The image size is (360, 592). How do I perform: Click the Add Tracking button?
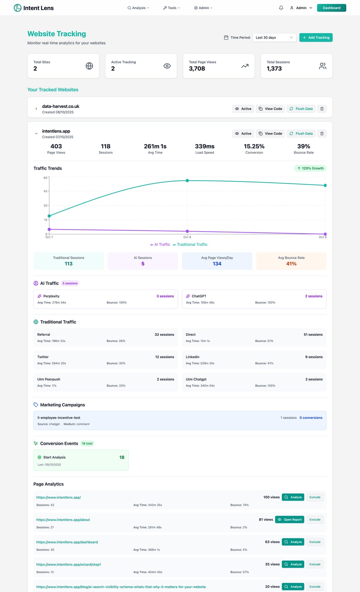tap(316, 37)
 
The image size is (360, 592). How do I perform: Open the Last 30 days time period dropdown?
tap(274, 37)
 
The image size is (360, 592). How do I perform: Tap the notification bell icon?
tap(281, 8)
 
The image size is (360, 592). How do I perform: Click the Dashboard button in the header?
tap(331, 8)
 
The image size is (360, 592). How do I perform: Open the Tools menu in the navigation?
tap(172, 8)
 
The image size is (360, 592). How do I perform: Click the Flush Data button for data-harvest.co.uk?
tap(301, 109)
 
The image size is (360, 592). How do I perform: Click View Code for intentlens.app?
tap(271, 133)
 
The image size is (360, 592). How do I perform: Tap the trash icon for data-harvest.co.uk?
tap(322, 109)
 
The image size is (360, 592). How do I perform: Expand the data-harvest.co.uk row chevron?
tap(36, 109)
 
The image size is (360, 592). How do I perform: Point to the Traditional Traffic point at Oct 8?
tap(187, 180)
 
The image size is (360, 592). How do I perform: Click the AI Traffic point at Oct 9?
tap(325, 234)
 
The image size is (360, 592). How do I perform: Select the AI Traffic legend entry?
tap(160, 244)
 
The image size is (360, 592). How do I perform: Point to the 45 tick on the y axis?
tap(45, 191)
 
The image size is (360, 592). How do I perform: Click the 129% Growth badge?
tap(310, 168)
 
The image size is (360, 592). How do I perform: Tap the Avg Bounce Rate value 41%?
tap(291, 264)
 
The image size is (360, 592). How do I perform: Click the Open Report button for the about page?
tap(290, 519)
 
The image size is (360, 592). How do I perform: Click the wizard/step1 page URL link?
tap(69, 564)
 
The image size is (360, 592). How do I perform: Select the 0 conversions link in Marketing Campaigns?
tap(311, 417)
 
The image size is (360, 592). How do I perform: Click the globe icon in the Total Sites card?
tap(89, 66)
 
